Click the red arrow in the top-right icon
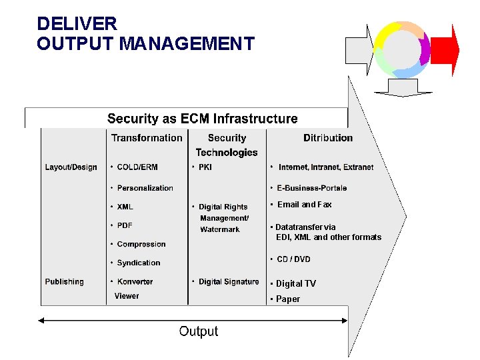pos(445,50)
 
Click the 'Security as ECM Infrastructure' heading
pos(202,119)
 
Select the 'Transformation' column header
pos(147,138)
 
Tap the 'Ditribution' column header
pos(328,138)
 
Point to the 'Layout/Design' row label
pos(71,167)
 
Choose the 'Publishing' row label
pos(64,282)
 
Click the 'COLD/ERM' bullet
pos(137,167)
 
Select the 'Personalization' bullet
pos(145,188)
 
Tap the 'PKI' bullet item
pos(205,167)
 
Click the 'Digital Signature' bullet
pos(229,282)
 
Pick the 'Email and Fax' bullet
pos(304,205)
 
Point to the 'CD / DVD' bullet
pos(293,259)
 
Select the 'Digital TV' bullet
pos(296,284)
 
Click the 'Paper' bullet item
pos(288,299)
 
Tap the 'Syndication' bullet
pos(139,263)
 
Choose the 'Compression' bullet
pos(141,245)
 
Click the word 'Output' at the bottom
pos(198,331)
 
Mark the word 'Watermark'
pos(220,229)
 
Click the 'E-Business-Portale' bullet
pos(311,188)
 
